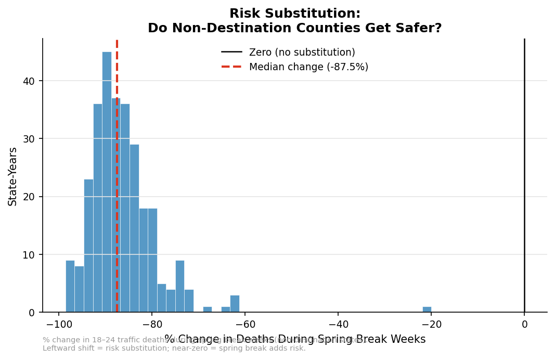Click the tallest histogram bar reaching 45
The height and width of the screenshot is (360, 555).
click(107, 182)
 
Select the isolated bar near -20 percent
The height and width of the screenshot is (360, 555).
click(427, 310)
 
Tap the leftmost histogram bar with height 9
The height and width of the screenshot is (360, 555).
click(70, 286)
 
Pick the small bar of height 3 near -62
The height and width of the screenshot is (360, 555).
click(235, 304)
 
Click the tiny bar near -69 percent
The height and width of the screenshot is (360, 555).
click(208, 310)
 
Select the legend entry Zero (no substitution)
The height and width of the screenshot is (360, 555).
click(302, 52)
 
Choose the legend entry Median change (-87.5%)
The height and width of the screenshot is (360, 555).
click(308, 67)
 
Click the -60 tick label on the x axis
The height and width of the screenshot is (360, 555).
click(244, 325)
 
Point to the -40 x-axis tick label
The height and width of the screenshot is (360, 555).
click(338, 325)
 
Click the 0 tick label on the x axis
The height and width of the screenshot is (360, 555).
click(524, 325)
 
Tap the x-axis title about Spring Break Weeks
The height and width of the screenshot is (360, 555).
click(295, 340)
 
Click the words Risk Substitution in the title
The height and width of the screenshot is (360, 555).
click(295, 14)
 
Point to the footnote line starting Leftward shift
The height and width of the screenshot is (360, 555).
click(174, 349)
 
